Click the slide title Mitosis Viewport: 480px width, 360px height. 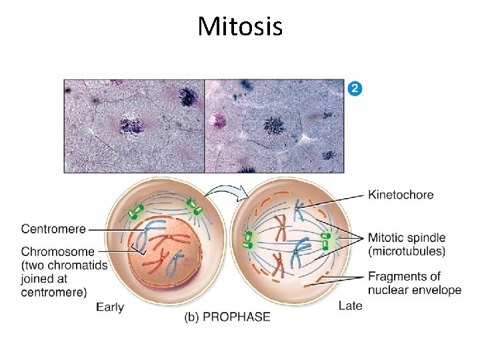(240, 27)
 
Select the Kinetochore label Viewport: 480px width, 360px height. (401, 195)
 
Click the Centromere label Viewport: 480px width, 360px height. (53, 229)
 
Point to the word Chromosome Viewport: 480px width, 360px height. (57, 252)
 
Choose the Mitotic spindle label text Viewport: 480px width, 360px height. (407, 238)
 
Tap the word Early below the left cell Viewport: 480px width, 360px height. (110, 307)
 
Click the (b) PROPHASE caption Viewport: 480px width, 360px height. (227, 317)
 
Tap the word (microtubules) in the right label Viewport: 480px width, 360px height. (407, 251)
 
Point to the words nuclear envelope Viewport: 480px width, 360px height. (415, 290)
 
